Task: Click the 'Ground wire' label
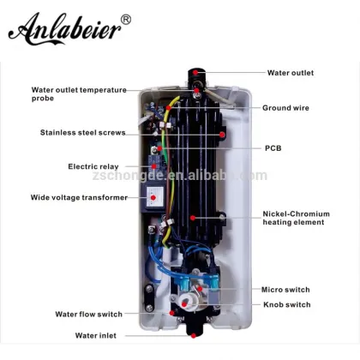(286, 108)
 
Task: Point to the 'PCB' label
(272, 147)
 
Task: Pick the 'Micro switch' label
(286, 290)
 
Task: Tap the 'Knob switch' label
(287, 304)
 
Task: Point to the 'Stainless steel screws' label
(81, 132)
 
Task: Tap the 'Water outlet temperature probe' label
(78, 93)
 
